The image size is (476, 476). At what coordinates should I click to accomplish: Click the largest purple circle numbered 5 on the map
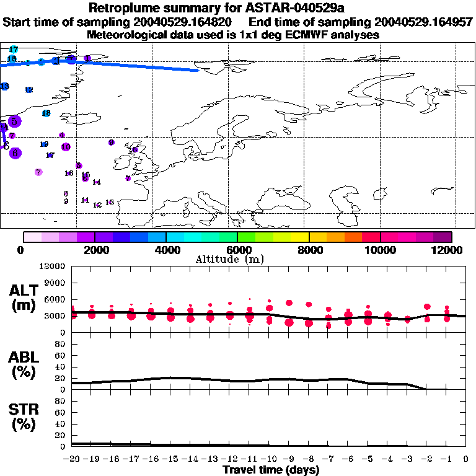[x=14, y=121]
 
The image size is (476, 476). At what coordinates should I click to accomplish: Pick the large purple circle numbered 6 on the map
[x=15, y=153]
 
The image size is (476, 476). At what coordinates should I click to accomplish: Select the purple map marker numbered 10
[x=66, y=147]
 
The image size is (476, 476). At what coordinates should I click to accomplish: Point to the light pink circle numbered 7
[x=38, y=172]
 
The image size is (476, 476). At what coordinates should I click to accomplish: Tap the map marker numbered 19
[x=44, y=144]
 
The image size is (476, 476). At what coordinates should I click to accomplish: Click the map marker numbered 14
[x=96, y=182]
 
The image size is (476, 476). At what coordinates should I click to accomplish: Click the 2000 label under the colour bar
[x=95, y=250]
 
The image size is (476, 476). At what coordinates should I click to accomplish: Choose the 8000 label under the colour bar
[x=309, y=250]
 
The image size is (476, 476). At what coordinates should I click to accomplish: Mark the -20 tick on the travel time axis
[x=72, y=459]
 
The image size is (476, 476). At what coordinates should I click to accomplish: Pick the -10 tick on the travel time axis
[x=269, y=459]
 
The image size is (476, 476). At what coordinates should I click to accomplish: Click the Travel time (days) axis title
[x=270, y=470]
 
